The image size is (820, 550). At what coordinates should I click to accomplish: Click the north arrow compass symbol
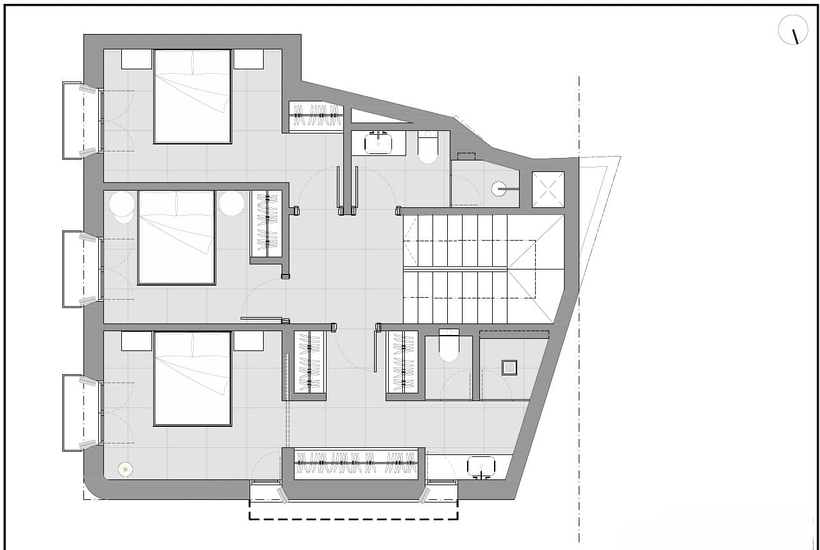[x=793, y=30]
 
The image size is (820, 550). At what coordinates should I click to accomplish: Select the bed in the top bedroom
[x=192, y=96]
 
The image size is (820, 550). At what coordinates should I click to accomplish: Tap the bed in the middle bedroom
[x=176, y=237]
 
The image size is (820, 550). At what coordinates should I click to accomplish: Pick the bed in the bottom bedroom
[x=192, y=379]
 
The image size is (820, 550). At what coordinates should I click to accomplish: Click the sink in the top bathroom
[x=379, y=143]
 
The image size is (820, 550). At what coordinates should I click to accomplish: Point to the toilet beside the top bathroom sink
[x=427, y=148]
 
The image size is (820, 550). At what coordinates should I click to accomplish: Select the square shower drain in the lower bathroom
[x=509, y=368]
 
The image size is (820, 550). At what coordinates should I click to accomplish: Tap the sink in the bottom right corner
[x=481, y=467]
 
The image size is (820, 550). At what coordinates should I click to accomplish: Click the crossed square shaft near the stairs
[x=549, y=189]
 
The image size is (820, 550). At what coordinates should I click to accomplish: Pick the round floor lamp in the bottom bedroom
[x=125, y=469]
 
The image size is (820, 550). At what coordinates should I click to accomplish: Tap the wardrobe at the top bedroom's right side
[x=316, y=116]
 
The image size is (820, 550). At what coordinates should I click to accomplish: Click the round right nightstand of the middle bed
[x=231, y=203]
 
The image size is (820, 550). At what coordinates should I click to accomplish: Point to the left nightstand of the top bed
[x=137, y=59]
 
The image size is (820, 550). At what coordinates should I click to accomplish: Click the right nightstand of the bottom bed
[x=248, y=341]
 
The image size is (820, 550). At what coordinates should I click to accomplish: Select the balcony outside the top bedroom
[x=73, y=120]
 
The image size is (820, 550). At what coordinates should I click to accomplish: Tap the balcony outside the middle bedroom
[x=73, y=269]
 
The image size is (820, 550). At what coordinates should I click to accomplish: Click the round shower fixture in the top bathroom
[x=499, y=189]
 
